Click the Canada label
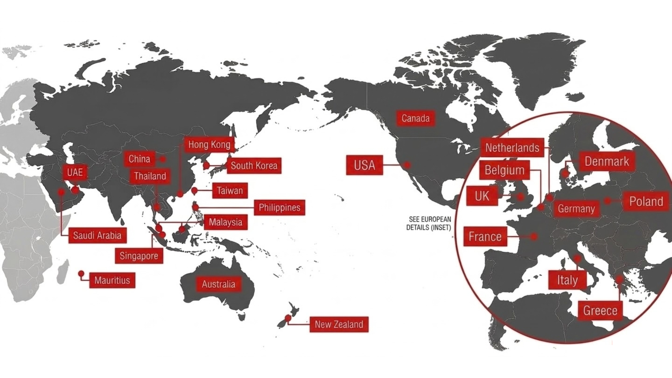pyautogui.click(x=415, y=118)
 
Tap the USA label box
pyautogui.click(x=364, y=165)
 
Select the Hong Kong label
pyautogui.click(x=209, y=145)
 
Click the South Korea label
pyautogui.click(x=254, y=166)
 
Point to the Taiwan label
pyautogui.click(x=230, y=191)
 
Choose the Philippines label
pyautogui.click(x=279, y=208)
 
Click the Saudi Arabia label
pyautogui.click(x=97, y=235)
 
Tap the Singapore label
pyautogui.click(x=139, y=256)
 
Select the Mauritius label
pyautogui.click(x=112, y=280)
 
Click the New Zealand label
pyautogui.click(x=339, y=324)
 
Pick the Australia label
pyautogui.click(x=218, y=284)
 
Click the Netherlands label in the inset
pyautogui.click(x=512, y=148)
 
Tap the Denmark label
pyautogui.click(x=607, y=161)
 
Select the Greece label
pyautogui.click(x=600, y=310)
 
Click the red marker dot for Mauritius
pyautogui.click(x=81, y=273)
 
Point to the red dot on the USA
pyautogui.click(x=407, y=164)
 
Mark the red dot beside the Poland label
pyautogui.click(x=608, y=201)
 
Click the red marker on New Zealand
pyautogui.click(x=288, y=318)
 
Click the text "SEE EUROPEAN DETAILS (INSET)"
pyautogui.click(x=429, y=223)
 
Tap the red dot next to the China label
pyautogui.click(x=163, y=159)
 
